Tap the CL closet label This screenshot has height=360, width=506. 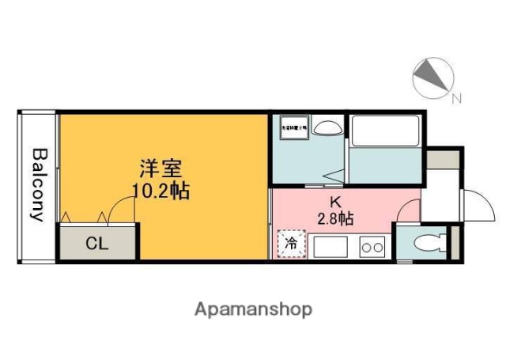(96, 244)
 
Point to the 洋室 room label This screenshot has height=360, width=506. (161, 169)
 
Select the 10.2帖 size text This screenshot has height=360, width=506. (160, 191)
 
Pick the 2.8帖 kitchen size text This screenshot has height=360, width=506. (335, 219)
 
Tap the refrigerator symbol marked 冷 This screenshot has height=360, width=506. (291, 244)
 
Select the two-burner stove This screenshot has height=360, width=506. (372, 247)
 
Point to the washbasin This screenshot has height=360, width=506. (325, 126)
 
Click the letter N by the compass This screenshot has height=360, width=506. (455, 99)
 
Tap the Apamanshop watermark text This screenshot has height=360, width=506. (253, 309)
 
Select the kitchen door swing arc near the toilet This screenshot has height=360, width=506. (409, 210)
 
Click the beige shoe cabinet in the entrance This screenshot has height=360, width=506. (443, 157)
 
